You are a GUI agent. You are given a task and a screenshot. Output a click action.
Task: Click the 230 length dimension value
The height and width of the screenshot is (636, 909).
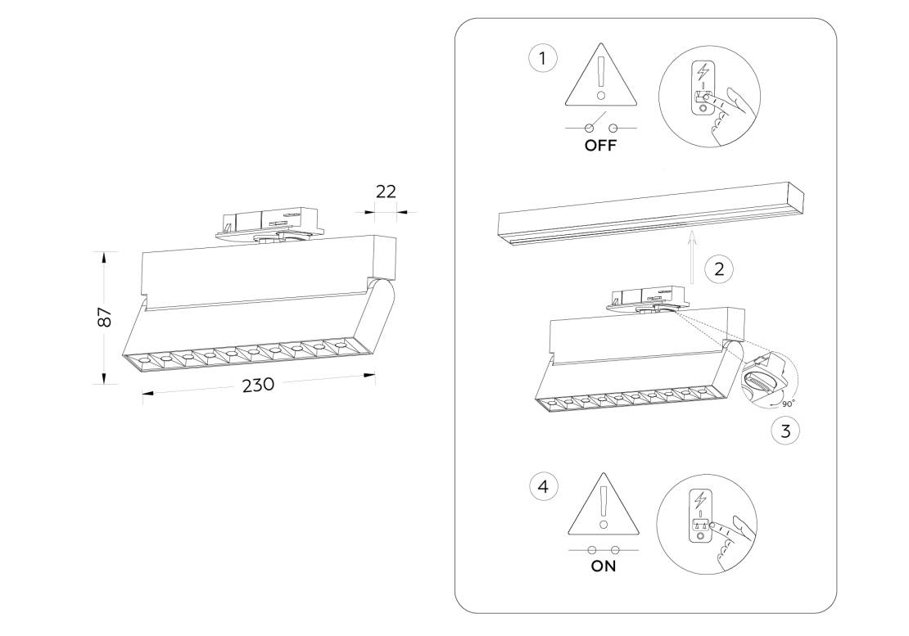(257, 386)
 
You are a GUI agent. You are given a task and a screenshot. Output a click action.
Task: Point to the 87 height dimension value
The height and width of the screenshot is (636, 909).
(104, 318)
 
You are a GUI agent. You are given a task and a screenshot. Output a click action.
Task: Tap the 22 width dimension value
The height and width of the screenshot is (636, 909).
(386, 192)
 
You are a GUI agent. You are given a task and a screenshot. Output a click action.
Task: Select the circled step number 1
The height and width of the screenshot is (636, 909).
(542, 59)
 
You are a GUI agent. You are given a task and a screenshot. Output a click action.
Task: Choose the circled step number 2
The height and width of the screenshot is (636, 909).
(719, 268)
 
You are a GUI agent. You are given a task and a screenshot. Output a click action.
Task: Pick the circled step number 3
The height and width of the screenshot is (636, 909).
(785, 431)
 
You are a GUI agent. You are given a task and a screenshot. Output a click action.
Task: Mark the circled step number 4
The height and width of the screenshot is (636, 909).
(543, 487)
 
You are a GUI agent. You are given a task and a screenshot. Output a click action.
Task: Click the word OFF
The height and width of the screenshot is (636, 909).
(600, 147)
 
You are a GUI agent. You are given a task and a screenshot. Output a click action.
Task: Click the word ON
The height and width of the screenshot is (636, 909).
(604, 566)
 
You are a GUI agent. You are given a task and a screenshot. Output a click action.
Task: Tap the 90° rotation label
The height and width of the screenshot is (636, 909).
(788, 404)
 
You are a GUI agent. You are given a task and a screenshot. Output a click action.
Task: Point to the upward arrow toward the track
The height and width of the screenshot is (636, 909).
(692, 257)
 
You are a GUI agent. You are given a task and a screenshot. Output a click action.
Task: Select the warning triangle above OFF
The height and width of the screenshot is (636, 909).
(601, 77)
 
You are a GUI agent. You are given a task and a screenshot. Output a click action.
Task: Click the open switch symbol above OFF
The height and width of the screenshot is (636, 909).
(600, 127)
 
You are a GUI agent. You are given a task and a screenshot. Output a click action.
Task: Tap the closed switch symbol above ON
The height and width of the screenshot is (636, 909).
(604, 549)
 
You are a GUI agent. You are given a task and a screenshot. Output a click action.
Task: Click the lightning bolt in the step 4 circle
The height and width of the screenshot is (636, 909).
(699, 498)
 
